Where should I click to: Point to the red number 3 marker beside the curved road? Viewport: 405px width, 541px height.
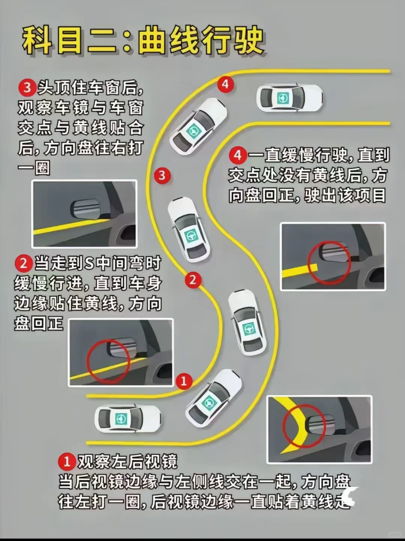click(x=162, y=176)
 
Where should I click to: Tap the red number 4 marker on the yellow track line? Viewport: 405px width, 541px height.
click(x=225, y=84)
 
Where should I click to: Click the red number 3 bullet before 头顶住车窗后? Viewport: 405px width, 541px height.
click(x=27, y=88)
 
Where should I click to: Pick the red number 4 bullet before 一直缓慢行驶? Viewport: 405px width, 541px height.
click(x=238, y=156)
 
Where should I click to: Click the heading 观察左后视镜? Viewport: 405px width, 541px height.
click(x=127, y=461)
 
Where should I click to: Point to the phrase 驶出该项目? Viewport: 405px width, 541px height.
click(x=345, y=196)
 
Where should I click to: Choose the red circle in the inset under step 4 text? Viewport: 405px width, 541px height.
click(x=330, y=263)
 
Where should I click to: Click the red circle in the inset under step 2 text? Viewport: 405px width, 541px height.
click(x=108, y=361)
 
